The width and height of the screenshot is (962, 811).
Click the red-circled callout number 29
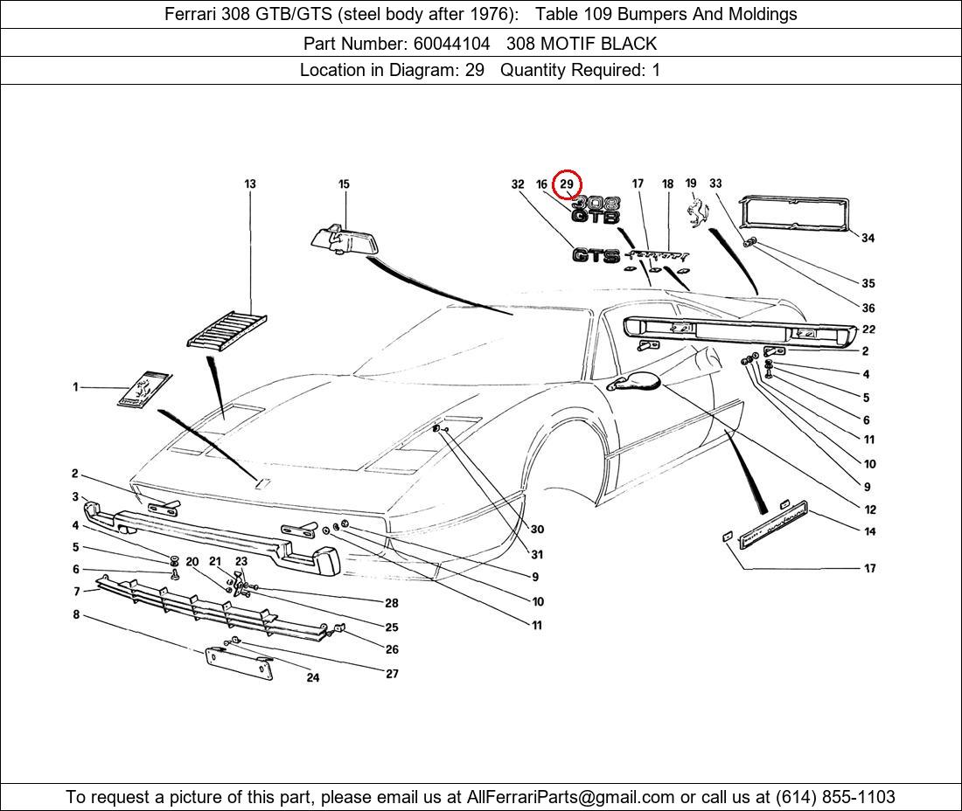coord(567,184)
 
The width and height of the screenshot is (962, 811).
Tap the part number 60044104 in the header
coord(450,43)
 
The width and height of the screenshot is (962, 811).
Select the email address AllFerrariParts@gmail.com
coord(571,797)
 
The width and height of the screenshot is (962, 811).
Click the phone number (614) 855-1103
coord(835,797)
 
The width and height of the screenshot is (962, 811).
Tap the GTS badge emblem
coord(596,255)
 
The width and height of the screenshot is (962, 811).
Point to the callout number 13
coord(250,184)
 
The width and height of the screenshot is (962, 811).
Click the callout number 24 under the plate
coord(313,677)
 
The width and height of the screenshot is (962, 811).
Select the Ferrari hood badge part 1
coord(144,388)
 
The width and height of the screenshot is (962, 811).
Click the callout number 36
coord(868,308)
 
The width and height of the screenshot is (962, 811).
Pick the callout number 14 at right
coord(869,531)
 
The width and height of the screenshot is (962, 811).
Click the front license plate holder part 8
coord(239,663)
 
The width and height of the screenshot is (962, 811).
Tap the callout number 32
coord(518,184)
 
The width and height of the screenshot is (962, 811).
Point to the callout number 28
coord(392,603)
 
